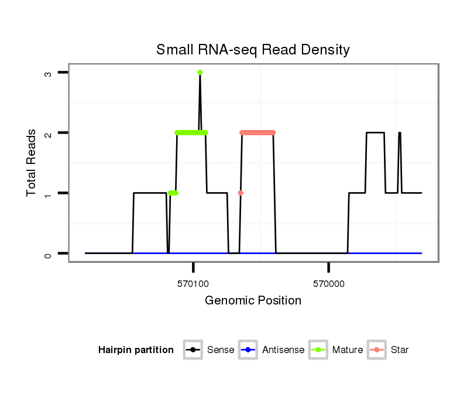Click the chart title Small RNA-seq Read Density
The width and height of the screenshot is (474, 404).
253,50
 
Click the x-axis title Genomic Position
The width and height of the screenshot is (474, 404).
253,301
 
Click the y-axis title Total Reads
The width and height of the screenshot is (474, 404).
32,163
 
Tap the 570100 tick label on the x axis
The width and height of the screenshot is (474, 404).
193,283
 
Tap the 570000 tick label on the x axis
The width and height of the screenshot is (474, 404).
329,283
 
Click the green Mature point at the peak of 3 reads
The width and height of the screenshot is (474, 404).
200,73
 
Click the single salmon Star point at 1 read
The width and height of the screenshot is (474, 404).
241,193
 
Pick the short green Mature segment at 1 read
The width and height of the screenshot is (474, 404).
173,193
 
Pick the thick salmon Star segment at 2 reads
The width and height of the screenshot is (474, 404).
257,133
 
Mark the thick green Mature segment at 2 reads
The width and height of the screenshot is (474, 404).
191,133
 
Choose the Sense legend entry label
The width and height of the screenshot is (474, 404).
221,350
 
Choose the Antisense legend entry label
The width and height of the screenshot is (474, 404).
284,350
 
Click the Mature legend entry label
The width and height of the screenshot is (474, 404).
347,350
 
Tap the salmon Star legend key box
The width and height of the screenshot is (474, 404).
377,350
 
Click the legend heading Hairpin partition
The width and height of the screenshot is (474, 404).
136,350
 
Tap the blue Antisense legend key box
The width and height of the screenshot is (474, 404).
249,350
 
